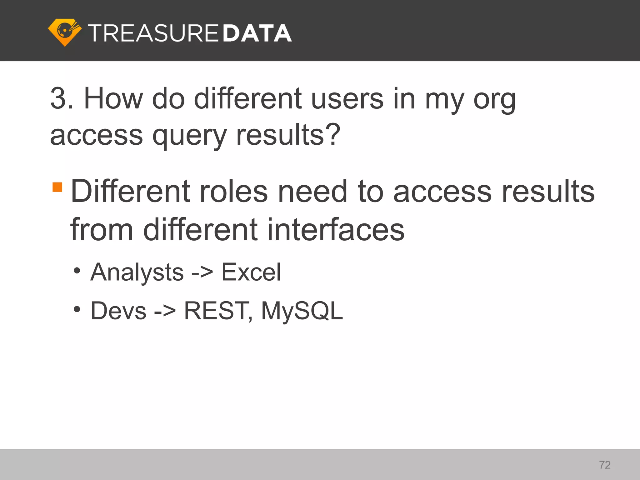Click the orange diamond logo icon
click(x=65, y=32)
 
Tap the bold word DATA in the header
click(x=257, y=33)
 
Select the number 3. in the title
click(x=62, y=99)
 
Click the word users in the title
click(x=347, y=99)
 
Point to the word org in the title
click(x=494, y=101)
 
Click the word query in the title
click(x=189, y=136)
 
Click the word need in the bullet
click(x=312, y=191)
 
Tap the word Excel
click(x=251, y=272)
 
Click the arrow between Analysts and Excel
click(x=202, y=272)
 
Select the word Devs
click(x=118, y=311)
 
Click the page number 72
click(x=605, y=465)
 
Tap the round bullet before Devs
click(x=77, y=309)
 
